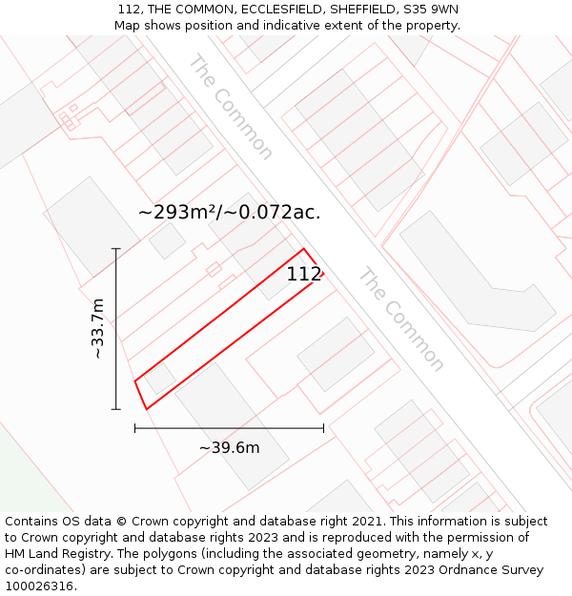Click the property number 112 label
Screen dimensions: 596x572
[304, 275]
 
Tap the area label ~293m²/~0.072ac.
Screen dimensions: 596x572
[229, 213]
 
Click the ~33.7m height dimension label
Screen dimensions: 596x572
[97, 328]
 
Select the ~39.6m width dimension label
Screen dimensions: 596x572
[229, 448]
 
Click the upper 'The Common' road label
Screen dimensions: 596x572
[231, 107]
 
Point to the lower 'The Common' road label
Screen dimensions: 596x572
[400, 319]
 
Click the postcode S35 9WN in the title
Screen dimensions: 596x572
[430, 10]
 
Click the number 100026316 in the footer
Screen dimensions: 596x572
[39, 586]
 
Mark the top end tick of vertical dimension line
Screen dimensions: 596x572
[116, 249]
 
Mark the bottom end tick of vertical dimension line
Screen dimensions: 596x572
[116, 409]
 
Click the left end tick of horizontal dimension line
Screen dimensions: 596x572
[135, 428]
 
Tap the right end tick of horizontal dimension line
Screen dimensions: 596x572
[323, 428]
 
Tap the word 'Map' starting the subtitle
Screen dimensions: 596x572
[128, 26]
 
